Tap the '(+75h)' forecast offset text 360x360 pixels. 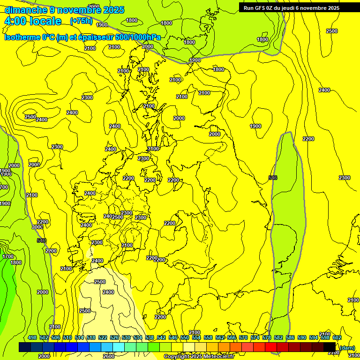[81, 21]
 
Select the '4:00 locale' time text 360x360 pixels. [33, 21]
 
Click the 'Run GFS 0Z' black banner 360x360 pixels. [291, 8]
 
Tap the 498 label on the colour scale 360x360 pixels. [32, 338]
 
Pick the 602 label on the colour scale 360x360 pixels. [337, 338]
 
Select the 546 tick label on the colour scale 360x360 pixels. [172, 338]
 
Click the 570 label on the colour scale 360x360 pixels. [243, 338]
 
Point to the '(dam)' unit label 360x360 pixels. [347, 347]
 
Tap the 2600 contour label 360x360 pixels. [108, 356]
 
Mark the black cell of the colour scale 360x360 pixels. [330, 347]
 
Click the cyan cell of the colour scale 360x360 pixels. [119, 347]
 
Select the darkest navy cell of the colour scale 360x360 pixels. [25, 347]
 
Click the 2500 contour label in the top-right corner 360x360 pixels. [331, 31]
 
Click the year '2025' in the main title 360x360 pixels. [114, 10]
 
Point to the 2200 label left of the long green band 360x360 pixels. [308, 139]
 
